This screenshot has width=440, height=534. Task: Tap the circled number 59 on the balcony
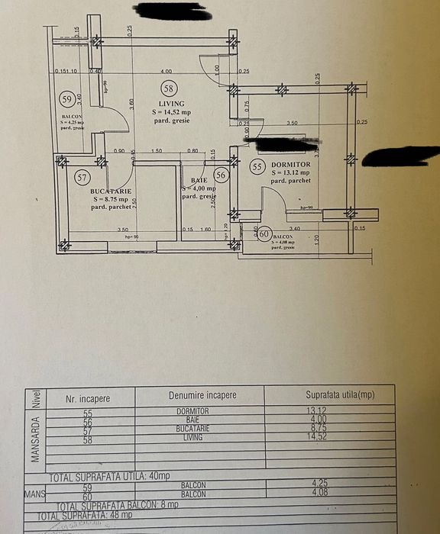coord(68,99)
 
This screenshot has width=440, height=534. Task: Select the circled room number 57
coord(83,177)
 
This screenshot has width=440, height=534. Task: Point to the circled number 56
coord(222,175)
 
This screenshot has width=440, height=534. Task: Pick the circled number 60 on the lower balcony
coord(265,235)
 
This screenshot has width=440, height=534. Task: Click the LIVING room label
coord(171,104)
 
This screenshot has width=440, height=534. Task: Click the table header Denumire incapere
coord(202,395)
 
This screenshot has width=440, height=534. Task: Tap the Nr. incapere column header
coord(91,397)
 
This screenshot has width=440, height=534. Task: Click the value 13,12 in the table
coord(329,411)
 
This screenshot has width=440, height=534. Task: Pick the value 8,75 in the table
coord(329,429)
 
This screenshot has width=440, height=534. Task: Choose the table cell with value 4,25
coord(329,483)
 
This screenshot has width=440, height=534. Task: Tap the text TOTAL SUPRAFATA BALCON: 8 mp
coord(118,505)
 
